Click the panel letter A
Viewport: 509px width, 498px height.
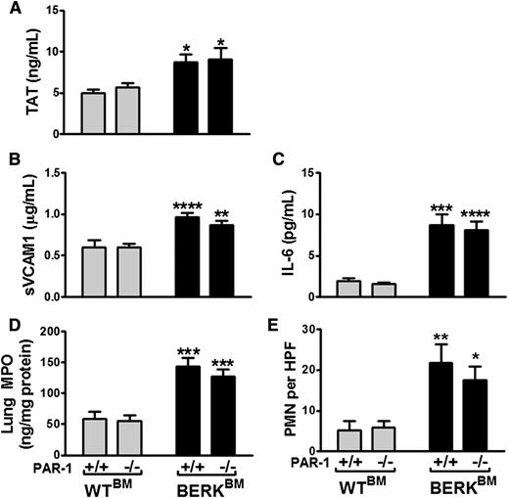coord(9,11)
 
